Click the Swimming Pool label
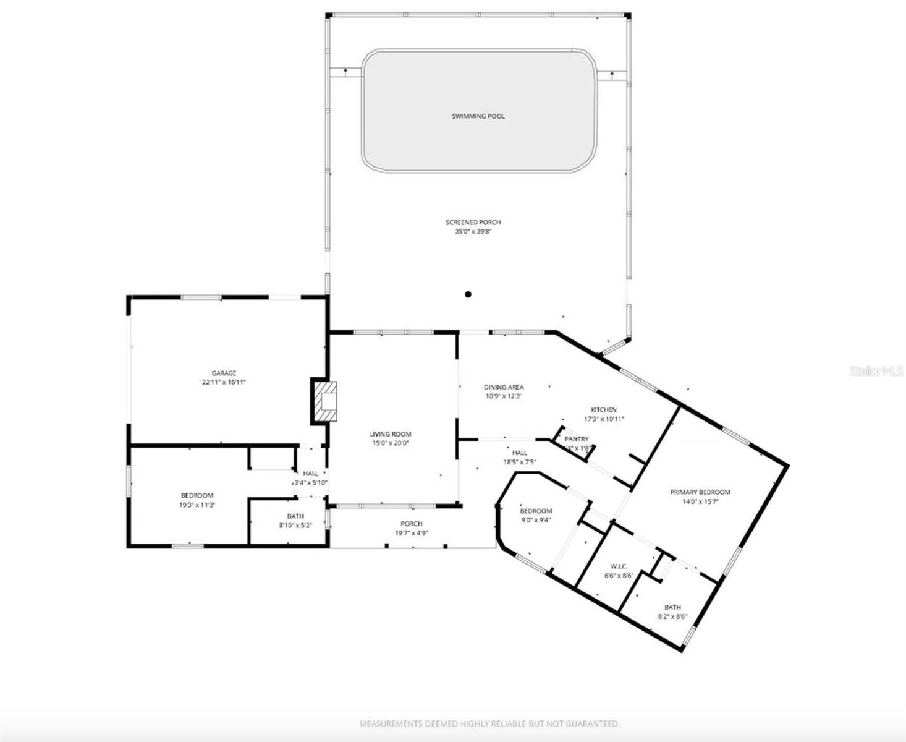point(478,116)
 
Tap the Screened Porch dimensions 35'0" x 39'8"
point(473,232)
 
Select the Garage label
point(224,373)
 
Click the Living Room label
point(390,434)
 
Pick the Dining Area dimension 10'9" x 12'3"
point(503,396)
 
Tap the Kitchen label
point(604,410)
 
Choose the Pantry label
point(577,439)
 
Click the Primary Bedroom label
point(700,492)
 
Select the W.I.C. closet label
point(619,566)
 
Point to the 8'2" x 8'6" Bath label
point(672,607)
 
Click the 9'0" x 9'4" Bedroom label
point(535,511)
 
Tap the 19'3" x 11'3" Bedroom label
point(197,495)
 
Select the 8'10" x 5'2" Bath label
point(295,516)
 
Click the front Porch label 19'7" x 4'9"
point(411,524)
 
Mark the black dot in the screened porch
point(468,294)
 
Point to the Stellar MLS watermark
point(877,371)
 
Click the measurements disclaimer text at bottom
point(489,723)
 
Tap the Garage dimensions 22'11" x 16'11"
point(224,382)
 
